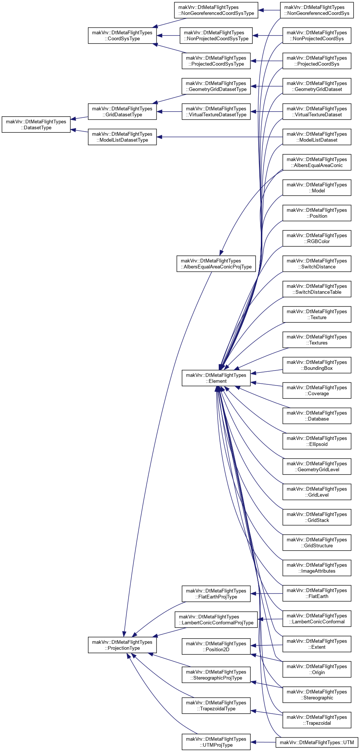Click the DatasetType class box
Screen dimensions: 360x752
36,125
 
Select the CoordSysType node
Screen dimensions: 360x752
122,36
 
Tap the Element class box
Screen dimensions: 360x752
216,378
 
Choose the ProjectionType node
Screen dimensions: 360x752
122,645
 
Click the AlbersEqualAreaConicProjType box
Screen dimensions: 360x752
216,264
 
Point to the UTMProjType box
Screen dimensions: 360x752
216,742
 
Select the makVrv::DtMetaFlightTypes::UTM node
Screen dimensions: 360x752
317,742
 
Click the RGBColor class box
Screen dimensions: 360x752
317,238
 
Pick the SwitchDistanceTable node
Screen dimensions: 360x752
317,289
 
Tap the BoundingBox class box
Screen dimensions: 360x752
317,365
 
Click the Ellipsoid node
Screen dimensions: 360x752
317,441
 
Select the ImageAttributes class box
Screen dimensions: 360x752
317,568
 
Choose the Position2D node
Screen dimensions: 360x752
216,646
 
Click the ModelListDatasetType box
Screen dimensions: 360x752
122,137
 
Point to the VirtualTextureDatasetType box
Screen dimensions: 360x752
216,112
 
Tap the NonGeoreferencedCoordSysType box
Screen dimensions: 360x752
216,10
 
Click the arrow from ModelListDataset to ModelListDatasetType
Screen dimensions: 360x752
220,137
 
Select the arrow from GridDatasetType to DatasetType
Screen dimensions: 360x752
79,118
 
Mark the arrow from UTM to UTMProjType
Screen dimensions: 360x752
263,742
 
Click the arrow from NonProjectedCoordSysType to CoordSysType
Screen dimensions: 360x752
168,36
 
